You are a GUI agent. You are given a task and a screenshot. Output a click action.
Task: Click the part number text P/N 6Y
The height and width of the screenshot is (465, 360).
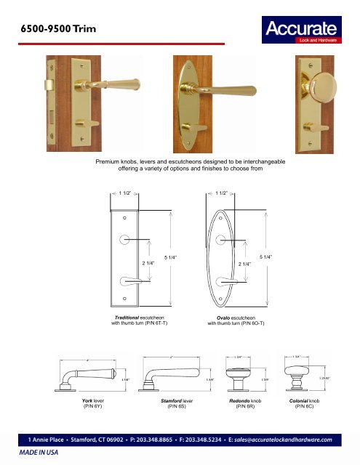point(94,407)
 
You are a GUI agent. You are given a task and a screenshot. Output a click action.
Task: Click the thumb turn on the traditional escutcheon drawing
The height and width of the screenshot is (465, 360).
point(128,279)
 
